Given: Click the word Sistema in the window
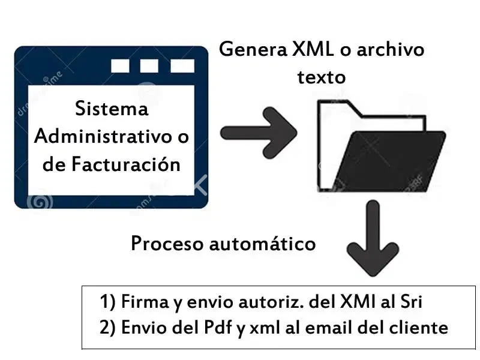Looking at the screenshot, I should pyautogui.click(x=112, y=109).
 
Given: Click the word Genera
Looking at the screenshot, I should pyautogui.click(x=246, y=49).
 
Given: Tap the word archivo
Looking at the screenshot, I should pyautogui.click(x=390, y=49).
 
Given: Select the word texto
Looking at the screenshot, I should pyautogui.click(x=322, y=77).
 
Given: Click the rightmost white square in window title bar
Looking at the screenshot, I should pyautogui.click(x=182, y=65).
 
